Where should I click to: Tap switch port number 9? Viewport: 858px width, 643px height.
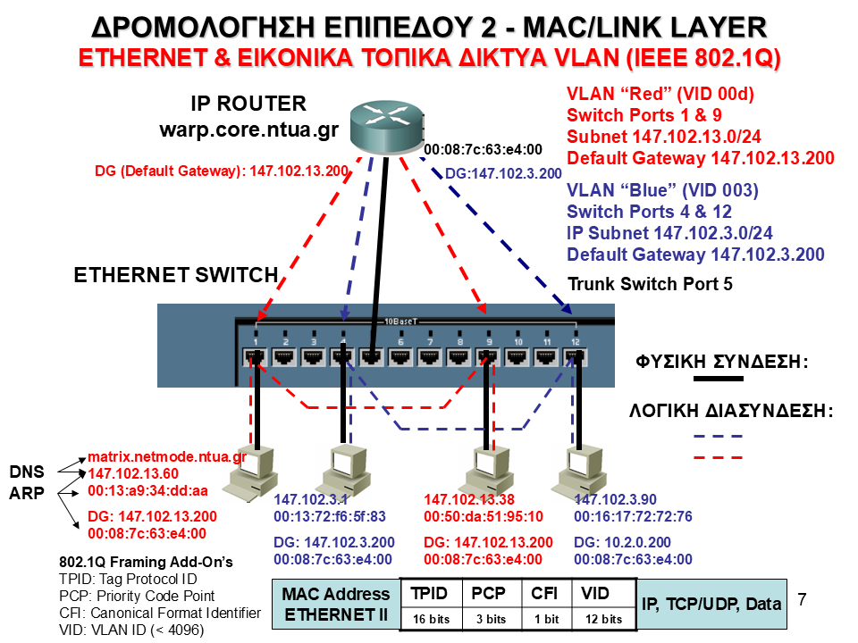[488, 356]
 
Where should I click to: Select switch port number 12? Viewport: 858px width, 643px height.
[575, 356]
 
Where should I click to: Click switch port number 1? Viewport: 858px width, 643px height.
[257, 356]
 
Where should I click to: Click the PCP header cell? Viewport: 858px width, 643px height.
[489, 593]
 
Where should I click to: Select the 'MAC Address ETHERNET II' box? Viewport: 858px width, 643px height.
[335, 604]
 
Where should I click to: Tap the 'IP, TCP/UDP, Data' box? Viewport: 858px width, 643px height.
[711, 604]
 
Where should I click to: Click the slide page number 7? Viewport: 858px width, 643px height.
[801, 598]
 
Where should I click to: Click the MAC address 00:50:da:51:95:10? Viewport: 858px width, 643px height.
[484, 516]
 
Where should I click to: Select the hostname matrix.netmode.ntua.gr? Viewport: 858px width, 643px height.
[166, 457]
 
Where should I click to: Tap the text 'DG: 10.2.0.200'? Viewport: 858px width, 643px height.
[622, 542]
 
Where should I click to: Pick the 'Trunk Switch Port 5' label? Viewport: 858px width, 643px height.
[650, 286]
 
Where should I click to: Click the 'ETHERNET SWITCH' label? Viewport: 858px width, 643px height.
[175, 275]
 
